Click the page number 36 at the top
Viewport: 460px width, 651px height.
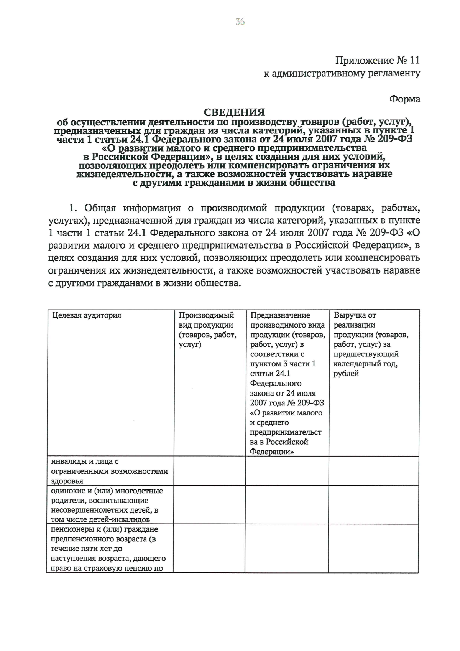coord(240,21)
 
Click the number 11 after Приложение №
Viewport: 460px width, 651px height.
coord(414,60)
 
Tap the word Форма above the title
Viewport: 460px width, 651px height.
coord(405,99)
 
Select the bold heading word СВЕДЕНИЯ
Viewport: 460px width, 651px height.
coord(234,112)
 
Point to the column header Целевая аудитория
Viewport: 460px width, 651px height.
coord(87,315)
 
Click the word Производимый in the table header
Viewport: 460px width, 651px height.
coord(206,315)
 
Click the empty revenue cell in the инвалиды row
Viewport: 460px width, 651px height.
coord(373,471)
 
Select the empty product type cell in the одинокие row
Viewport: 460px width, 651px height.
coord(209,505)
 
